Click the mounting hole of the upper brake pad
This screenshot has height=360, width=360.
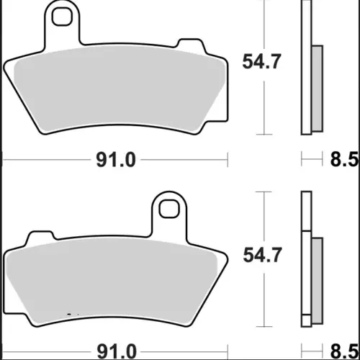(x=62, y=16)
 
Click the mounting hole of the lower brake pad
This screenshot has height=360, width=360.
(x=169, y=209)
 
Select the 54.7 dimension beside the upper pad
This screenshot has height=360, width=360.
(x=261, y=62)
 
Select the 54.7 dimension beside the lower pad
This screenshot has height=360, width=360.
(x=262, y=255)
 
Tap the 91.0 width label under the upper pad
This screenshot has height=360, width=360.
(x=116, y=160)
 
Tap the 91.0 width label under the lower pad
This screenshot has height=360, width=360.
(x=117, y=352)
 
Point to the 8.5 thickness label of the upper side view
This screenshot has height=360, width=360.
(x=344, y=159)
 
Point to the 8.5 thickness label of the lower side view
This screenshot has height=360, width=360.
(x=344, y=352)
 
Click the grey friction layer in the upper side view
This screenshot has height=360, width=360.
(x=318, y=89)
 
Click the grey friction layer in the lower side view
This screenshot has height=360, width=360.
(x=318, y=281)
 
